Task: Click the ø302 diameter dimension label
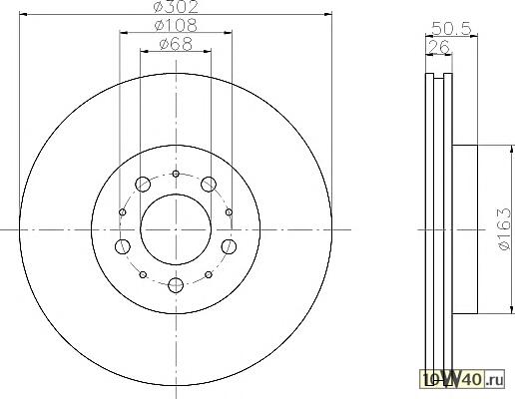(176, 7)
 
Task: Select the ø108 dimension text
(176, 25)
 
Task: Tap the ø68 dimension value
(176, 44)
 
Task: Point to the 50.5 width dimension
(451, 29)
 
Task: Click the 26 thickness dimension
(439, 47)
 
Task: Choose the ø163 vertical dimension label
(504, 229)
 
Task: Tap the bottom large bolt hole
(176, 285)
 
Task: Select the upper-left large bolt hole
(143, 184)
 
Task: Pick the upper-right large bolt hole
(209, 184)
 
